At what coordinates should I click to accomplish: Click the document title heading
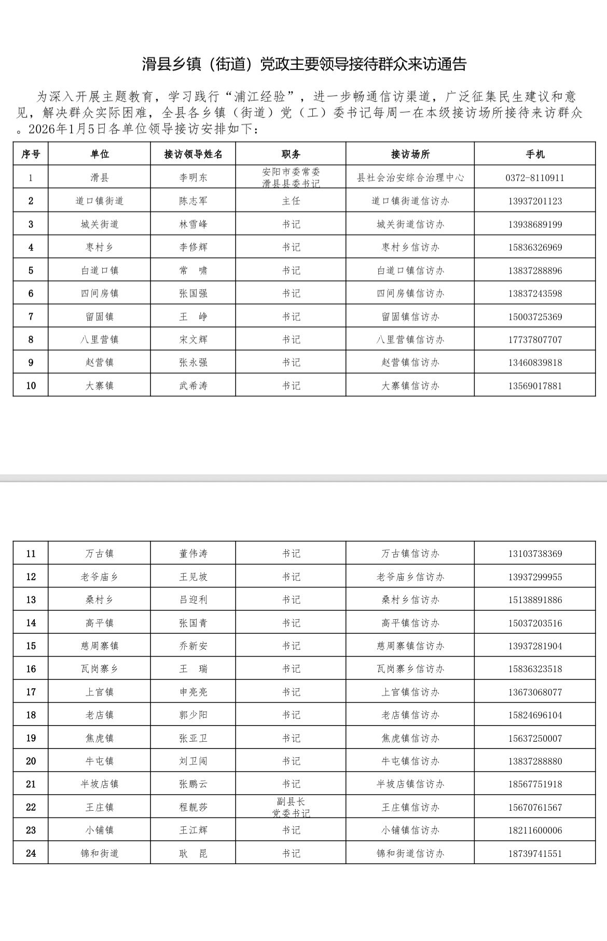305,64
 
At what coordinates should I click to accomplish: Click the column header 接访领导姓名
193,154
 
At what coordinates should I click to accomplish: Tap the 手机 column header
535,154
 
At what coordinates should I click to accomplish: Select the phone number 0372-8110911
535,178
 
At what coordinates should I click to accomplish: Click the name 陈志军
193,201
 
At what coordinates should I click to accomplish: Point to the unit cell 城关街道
100,224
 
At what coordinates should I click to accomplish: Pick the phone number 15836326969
535,248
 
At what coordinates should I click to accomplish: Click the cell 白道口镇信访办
410,270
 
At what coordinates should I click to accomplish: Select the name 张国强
193,293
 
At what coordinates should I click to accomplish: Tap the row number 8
31,339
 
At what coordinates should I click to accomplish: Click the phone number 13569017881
535,386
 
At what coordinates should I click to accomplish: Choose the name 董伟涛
193,554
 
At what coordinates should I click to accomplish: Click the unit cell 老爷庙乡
100,577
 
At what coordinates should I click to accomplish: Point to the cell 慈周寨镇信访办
410,646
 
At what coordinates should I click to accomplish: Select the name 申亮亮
193,692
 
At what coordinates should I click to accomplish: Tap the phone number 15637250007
535,738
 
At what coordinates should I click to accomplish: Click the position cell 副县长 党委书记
291,807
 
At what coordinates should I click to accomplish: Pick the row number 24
31,853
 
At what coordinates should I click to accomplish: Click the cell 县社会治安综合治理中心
410,178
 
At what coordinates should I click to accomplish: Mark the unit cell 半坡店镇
100,784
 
